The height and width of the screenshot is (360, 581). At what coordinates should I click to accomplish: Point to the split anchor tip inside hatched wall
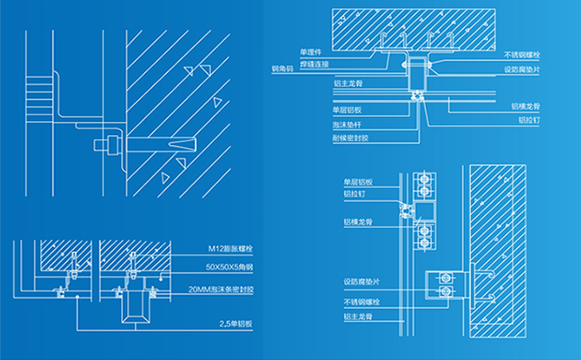(x=187, y=144)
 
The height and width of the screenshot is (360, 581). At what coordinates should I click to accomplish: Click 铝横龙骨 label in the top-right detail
(x=525, y=106)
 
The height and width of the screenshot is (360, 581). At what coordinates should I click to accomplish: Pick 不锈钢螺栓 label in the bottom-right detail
(x=361, y=302)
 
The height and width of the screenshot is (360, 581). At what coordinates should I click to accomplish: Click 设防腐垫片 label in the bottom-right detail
(x=361, y=281)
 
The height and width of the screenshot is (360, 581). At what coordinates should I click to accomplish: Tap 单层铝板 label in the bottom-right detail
(x=358, y=181)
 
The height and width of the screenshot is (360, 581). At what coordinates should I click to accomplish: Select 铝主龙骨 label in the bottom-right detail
(x=358, y=316)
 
